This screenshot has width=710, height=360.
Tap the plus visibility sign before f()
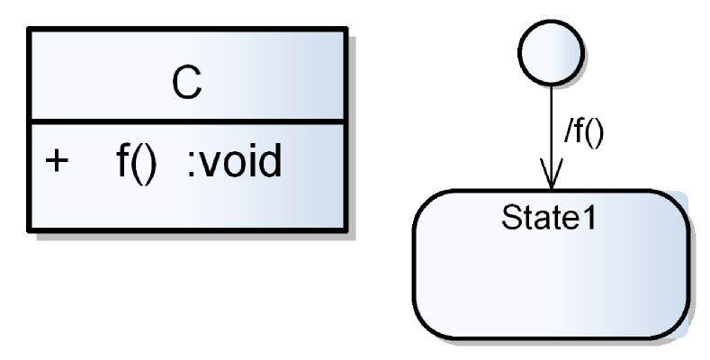56,163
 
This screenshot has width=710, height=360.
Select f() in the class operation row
137,163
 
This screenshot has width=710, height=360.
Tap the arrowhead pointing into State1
552,175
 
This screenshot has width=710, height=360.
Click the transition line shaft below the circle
552,117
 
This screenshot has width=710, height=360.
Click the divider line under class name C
186,120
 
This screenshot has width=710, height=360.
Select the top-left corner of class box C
30,30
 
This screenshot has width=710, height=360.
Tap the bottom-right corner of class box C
346,230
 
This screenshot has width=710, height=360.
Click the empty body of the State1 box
552,279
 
